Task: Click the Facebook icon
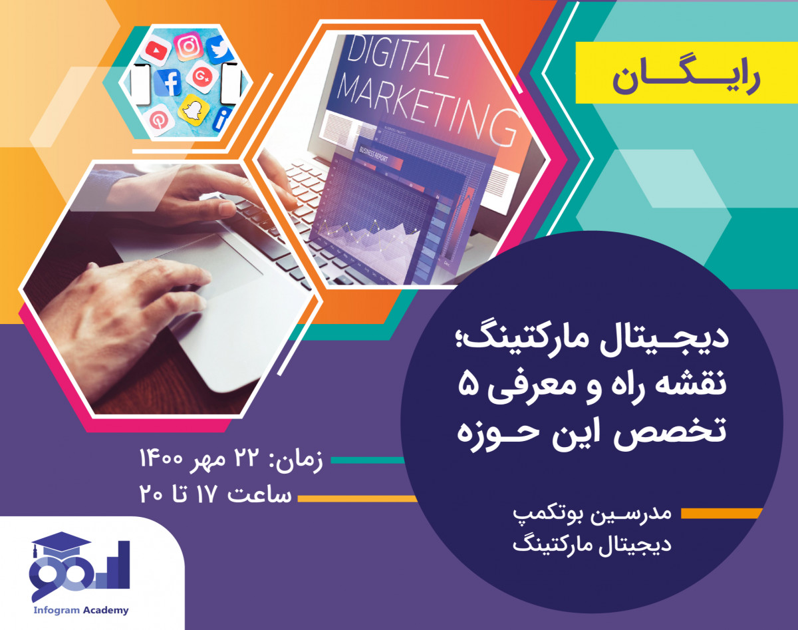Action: tap(168, 84)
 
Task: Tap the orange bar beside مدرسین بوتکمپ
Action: tap(722, 513)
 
